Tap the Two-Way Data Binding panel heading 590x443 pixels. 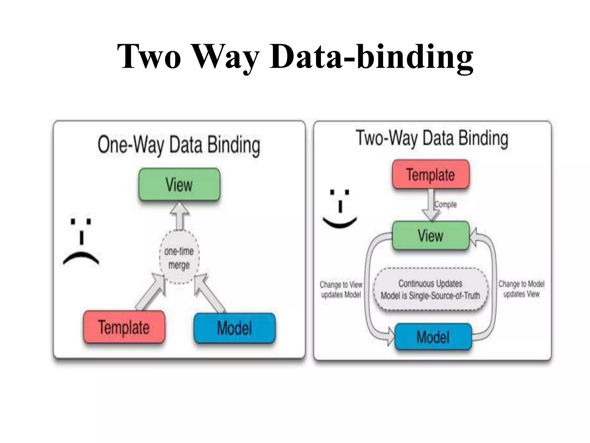coord(432,138)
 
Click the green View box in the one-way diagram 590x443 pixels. coord(179,185)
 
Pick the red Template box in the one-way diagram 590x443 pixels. coord(124,327)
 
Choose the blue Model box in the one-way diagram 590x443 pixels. coord(235,328)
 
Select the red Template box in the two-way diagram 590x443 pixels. coord(431,175)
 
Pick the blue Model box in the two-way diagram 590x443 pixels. coord(433,337)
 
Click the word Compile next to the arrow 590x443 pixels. coord(446,204)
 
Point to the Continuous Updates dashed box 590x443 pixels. coord(430,290)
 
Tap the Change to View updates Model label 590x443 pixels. coord(341,290)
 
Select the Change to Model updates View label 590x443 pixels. coord(521,289)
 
